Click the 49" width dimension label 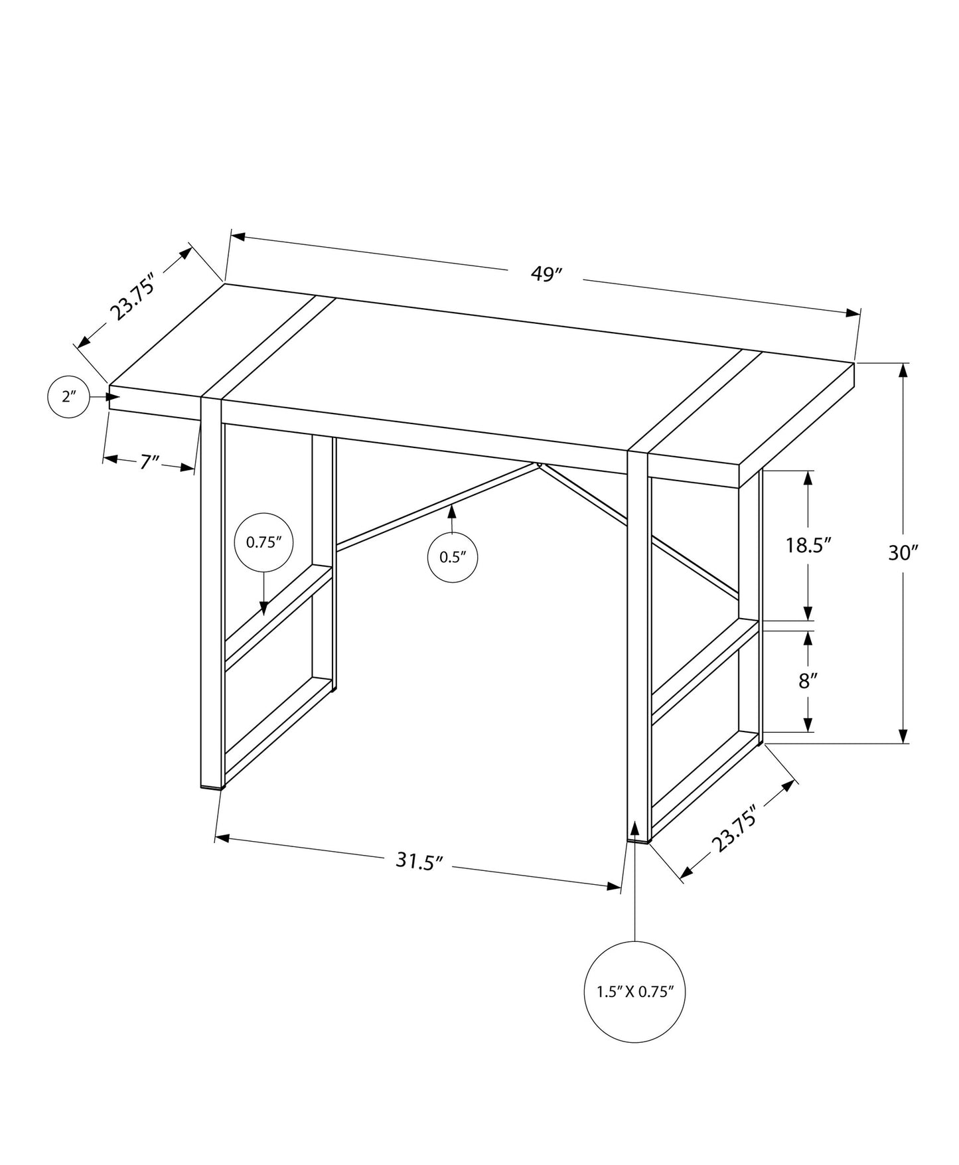tap(546, 274)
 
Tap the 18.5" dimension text tap(808, 546)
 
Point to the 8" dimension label tap(807, 680)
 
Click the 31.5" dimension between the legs tap(419, 861)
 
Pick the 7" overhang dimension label tap(150, 461)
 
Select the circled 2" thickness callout tap(69, 397)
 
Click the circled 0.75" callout tap(264, 542)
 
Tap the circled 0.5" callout tap(452, 557)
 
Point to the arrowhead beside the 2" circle tap(113, 397)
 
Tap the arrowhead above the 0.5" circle tap(452, 510)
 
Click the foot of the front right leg tap(638, 840)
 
